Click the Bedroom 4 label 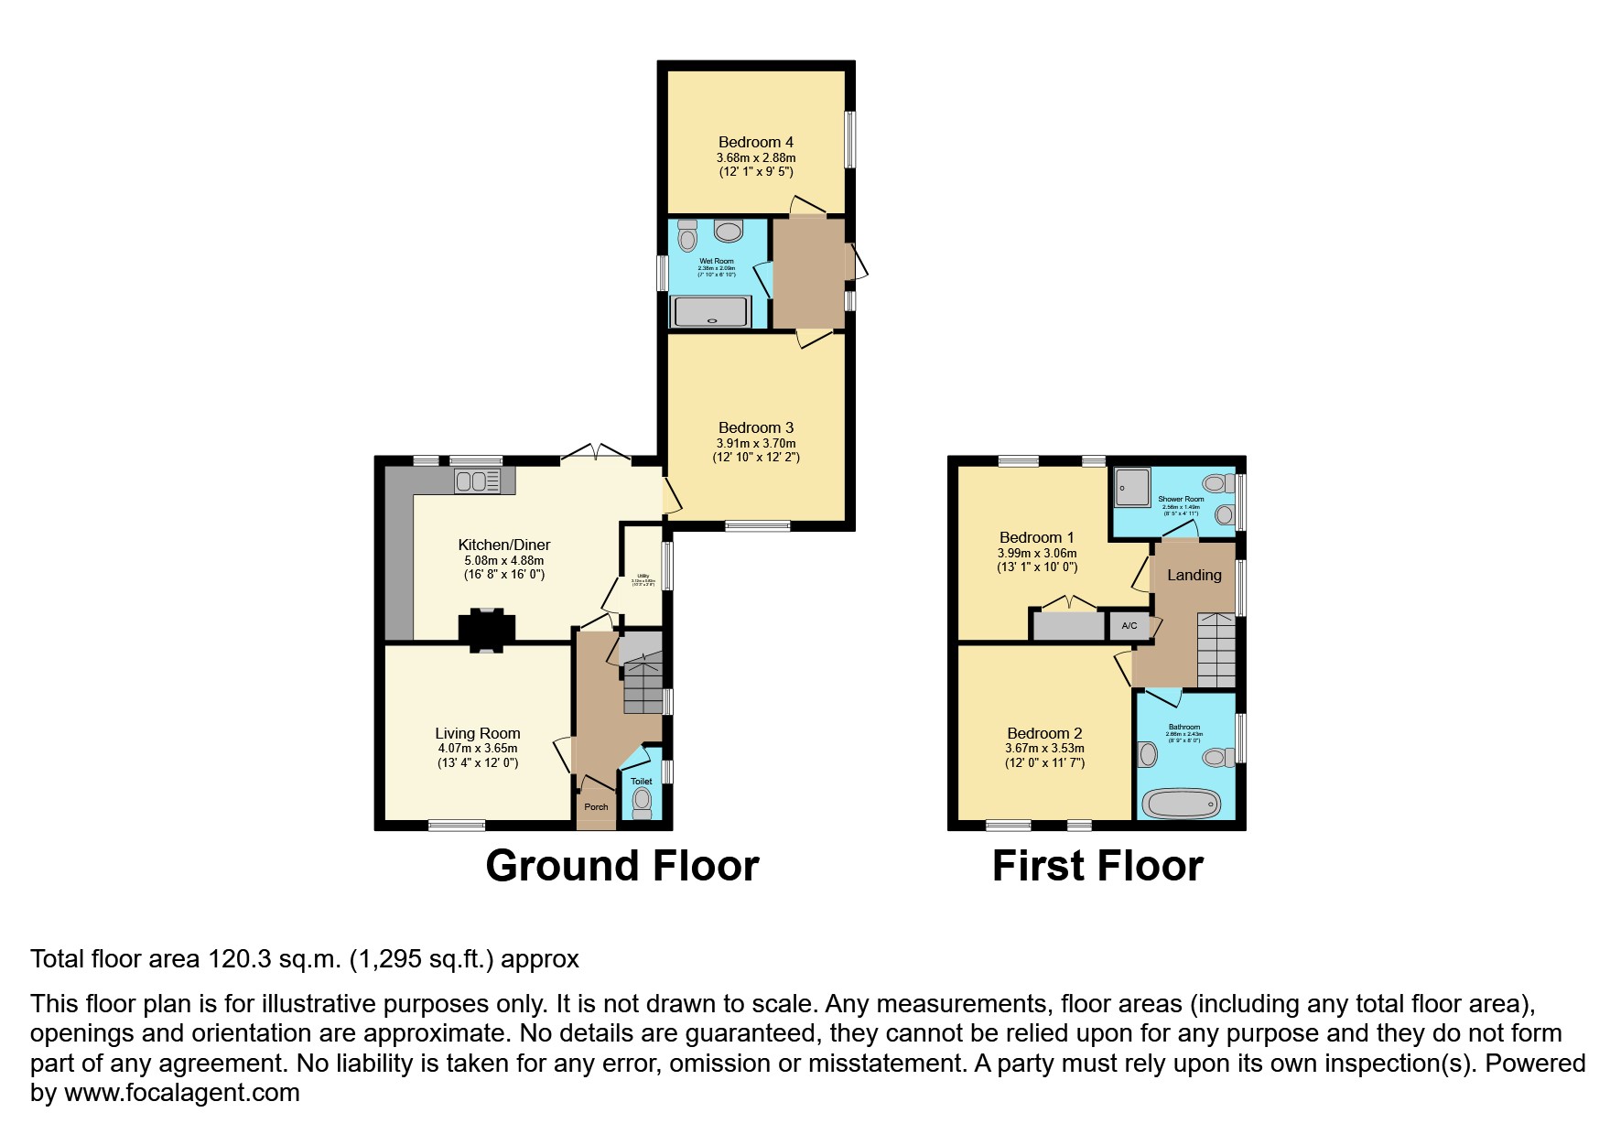pyautogui.click(x=755, y=142)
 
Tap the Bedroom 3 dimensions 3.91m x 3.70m pyautogui.click(x=755, y=443)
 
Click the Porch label pyautogui.click(x=596, y=807)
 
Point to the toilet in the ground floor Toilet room pyautogui.click(x=642, y=802)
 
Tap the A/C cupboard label pyautogui.click(x=1129, y=626)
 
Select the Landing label pyautogui.click(x=1194, y=575)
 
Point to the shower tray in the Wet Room pyautogui.click(x=712, y=313)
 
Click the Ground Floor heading pyautogui.click(x=621, y=866)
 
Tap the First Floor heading pyautogui.click(x=1097, y=866)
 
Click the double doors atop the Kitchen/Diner pyautogui.click(x=596, y=452)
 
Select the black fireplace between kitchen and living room pyautogui.click(x=486, y=630)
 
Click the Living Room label pyautogui.click(x=477, y=733)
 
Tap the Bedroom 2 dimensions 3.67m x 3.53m pyautogui.click(x=1044, y=749)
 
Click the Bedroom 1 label pyautogui.click(x=1036, y=537)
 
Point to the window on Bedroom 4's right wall pyautogui.click(x=849, y=139)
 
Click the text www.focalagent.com pyautogui.click(x=181, y=1093)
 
